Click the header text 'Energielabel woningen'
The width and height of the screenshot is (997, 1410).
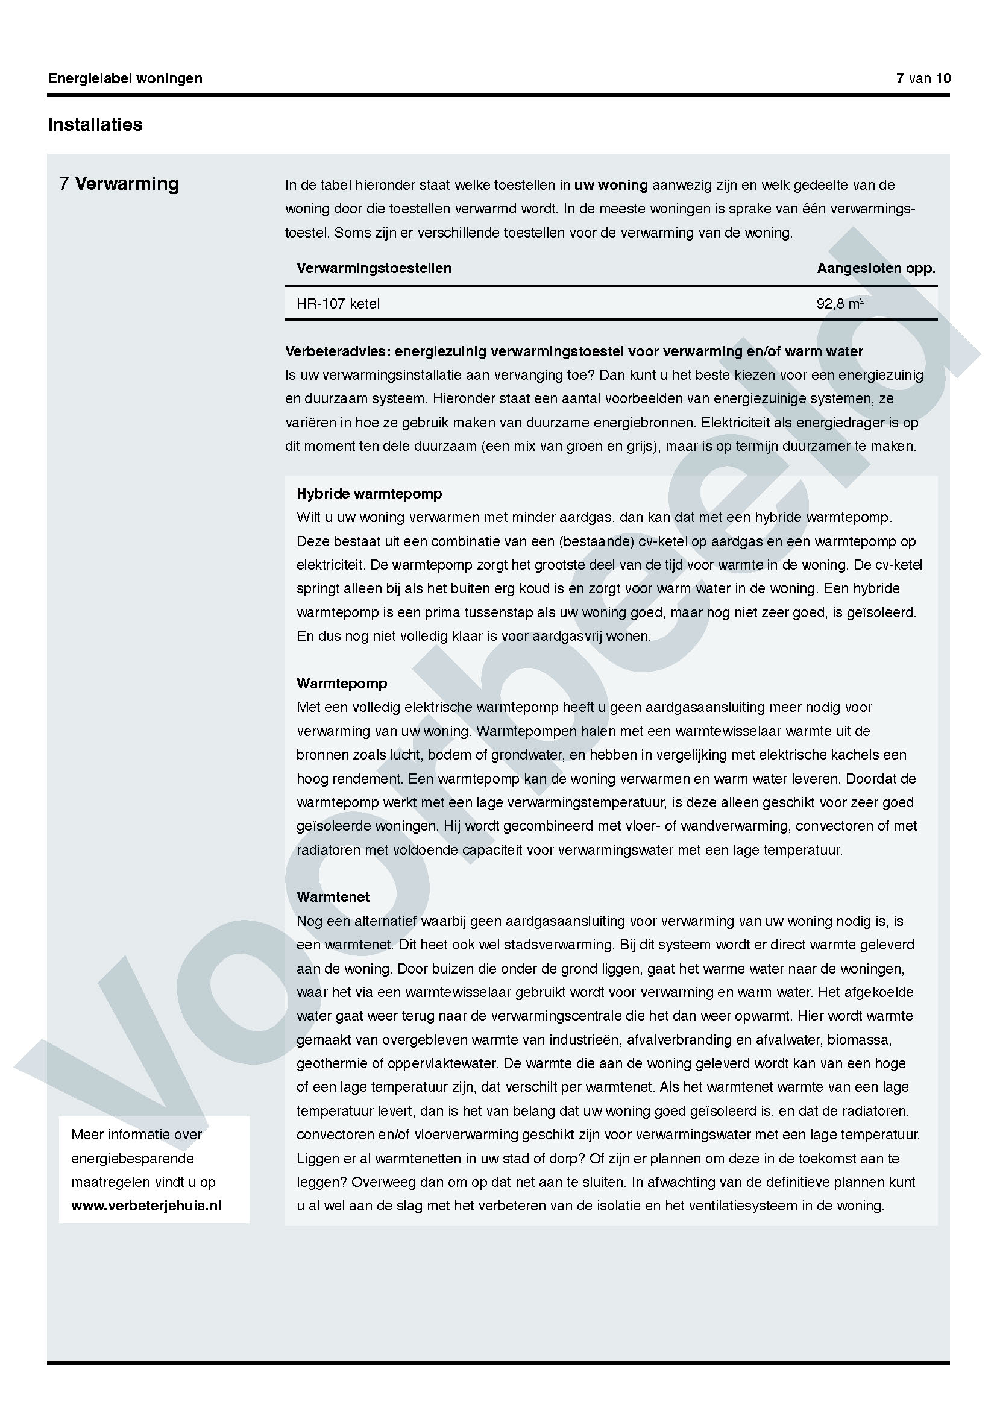125,78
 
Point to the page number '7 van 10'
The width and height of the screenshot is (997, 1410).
923,78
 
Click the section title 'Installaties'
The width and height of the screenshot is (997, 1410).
95,125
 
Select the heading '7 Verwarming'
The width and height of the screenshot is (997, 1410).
120,184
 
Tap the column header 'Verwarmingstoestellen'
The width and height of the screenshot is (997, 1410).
374,268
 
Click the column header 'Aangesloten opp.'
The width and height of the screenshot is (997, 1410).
875,268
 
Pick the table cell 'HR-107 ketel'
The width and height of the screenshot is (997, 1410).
338,303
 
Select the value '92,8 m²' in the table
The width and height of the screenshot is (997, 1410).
840,303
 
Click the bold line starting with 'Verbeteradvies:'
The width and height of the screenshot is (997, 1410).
574,351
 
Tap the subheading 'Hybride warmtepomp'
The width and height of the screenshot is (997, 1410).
369,494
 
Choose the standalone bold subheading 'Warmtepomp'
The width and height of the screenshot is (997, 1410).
342,684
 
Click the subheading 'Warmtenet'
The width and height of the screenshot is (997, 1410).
333,896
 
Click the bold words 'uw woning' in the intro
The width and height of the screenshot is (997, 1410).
611,185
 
